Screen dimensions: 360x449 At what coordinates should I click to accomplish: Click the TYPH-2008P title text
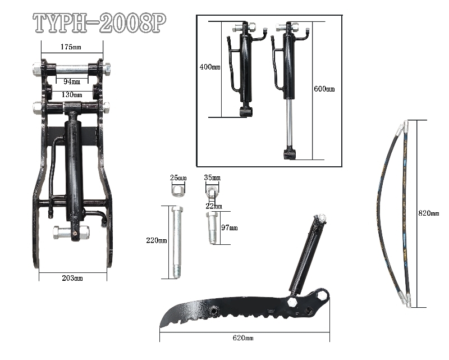(100, 23)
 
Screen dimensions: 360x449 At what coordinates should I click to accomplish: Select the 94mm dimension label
(71, 81)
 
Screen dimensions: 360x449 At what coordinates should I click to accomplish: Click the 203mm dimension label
(71, 277)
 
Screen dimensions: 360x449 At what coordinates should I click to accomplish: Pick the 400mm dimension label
(210, 67)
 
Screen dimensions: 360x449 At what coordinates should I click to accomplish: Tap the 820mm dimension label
(429, 213)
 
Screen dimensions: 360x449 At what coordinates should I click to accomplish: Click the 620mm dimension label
(243, 338)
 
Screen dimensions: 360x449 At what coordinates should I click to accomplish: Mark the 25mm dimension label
(178, 177)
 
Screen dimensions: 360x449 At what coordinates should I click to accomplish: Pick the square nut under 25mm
(177, 190)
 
